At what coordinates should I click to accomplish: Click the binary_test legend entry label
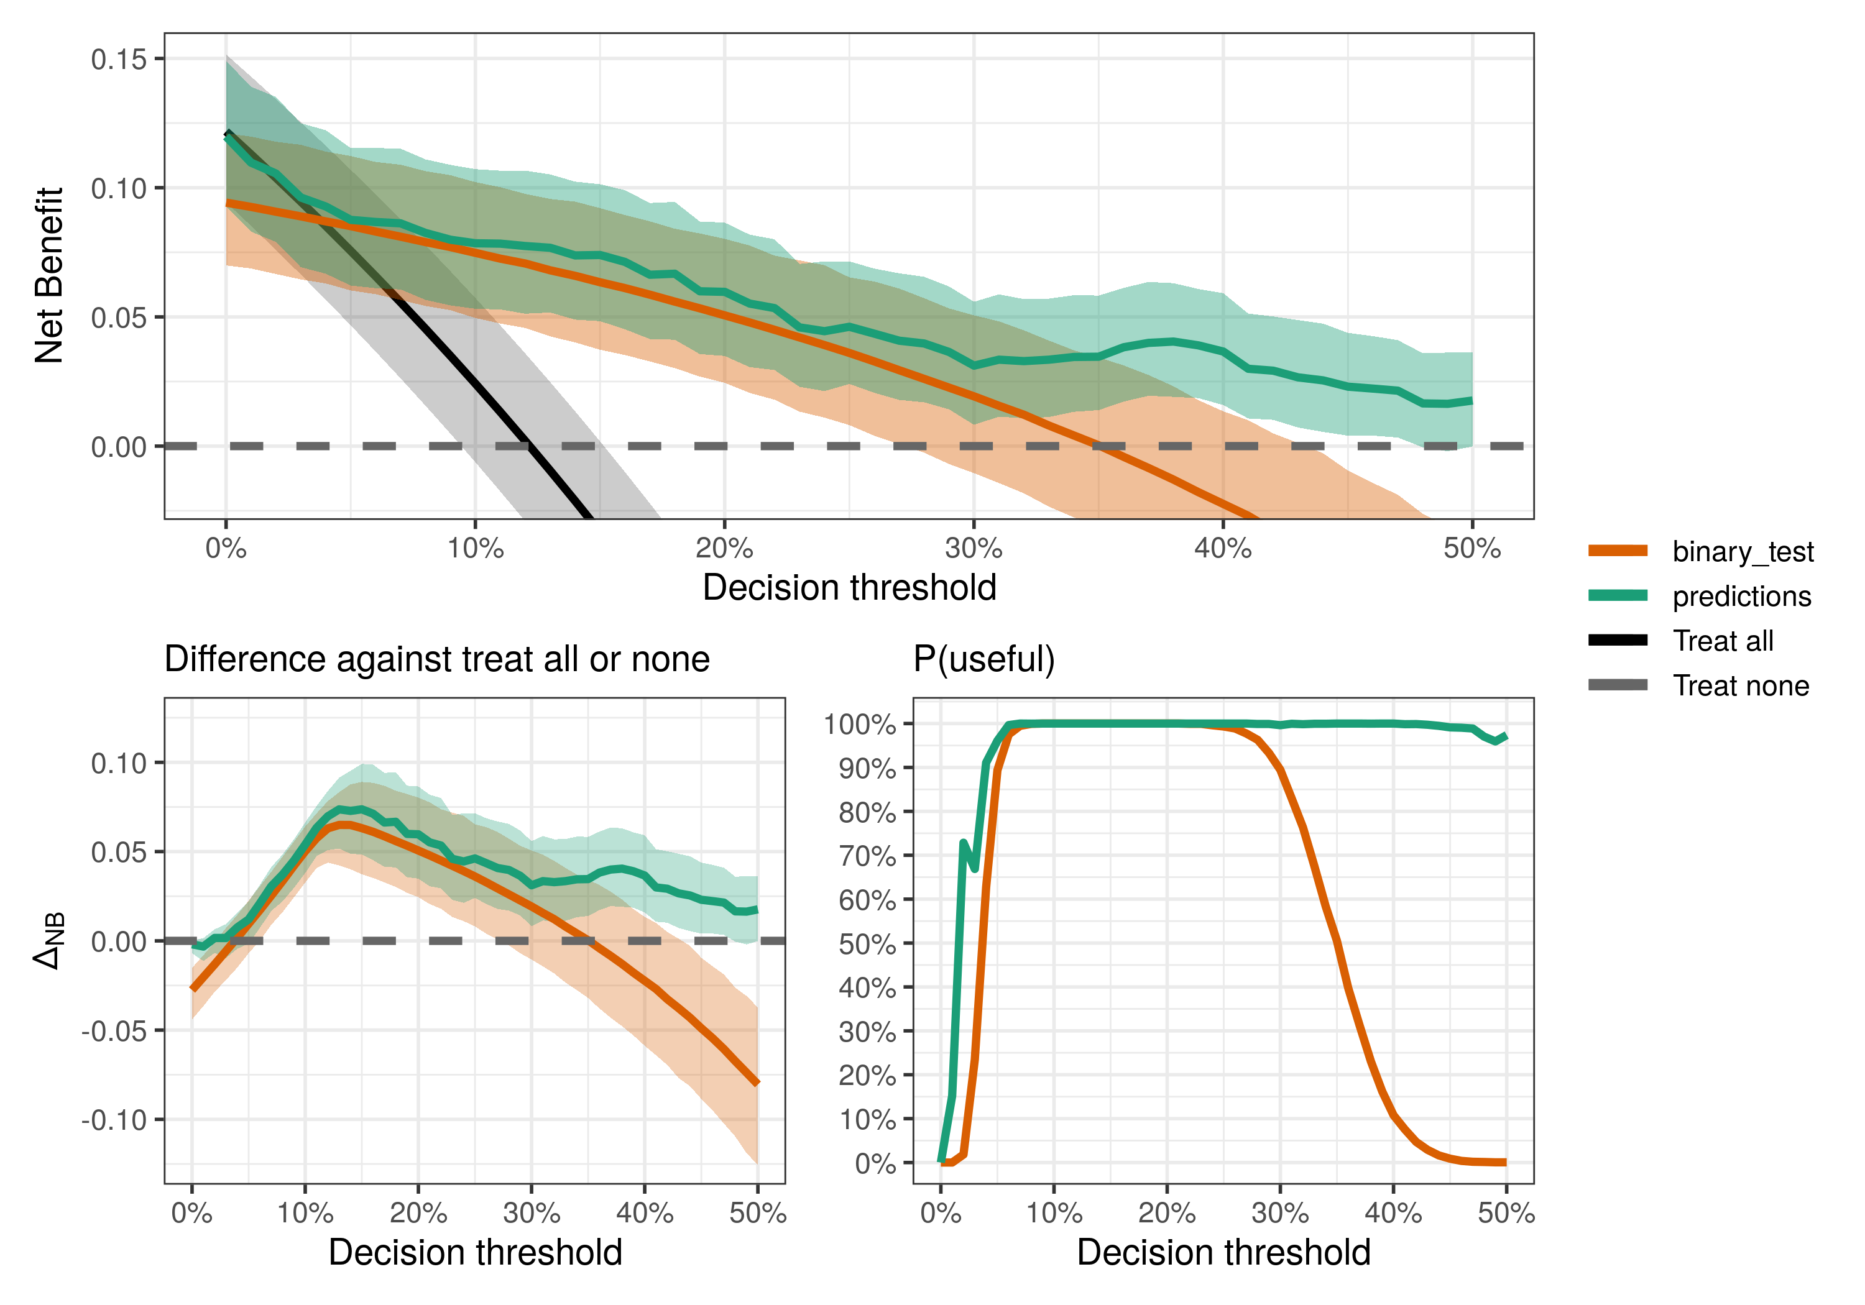pyautogui.click(x=1743, y=552)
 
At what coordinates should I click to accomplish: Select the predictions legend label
pyautogui.click(x=1741, y=597)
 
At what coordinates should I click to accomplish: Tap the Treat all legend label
pyautogui.click(x=1723, y=641)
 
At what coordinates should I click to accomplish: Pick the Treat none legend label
pyautogui.click(x=1741, y=686)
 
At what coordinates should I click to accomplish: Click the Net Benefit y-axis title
pyautogui.click(x=48, y=275)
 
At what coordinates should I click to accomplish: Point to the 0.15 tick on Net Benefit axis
pyautogui.click(x=119, y=59)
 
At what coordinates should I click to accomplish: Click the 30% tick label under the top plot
pyautogui.click(x=973, y=549)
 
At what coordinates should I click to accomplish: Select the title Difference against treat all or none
pyautogui.click(x=437, y=659)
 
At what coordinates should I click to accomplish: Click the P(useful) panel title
pyautogui.click(x=983, y=659)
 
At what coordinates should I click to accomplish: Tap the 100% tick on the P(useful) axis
pyautogui.click(x=859, y=725)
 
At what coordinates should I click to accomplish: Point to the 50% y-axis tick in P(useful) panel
pyautogui.click(x=867, y=945)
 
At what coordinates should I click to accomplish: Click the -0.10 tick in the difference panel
pyautogui.click(x=114, y=1120)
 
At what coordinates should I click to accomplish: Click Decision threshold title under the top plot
pyautogui.click(x=849, y=588)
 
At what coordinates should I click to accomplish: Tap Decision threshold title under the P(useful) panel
pyautogui.click(x=1223, y=1253)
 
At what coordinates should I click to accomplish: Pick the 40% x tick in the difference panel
pyautogui.click(x=644, y=1214)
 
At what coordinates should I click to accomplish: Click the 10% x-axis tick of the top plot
pyautogui.click(x=475, y=549)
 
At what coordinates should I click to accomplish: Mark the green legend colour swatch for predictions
pyautogui.click(x=1617, y=596)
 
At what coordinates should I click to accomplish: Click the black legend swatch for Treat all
pyautogui.click(x=1617, y=641)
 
